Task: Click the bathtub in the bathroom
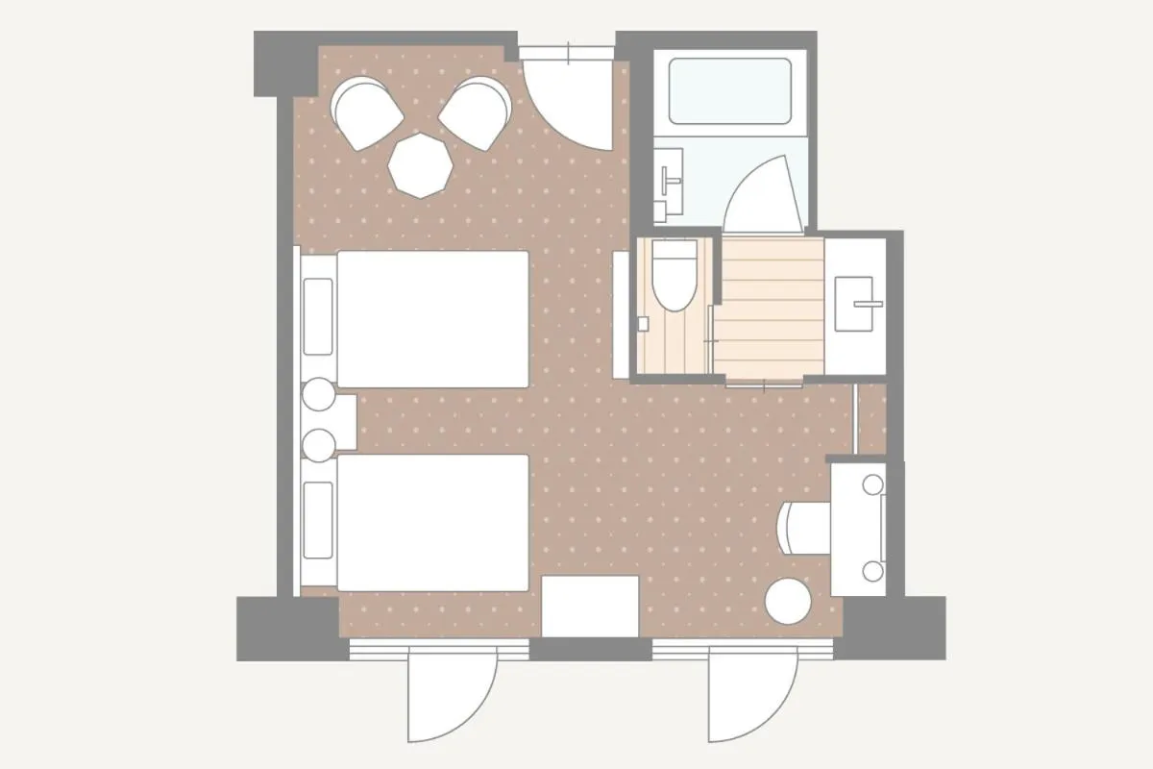click(x=729, y=91)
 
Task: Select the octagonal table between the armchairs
click(x=421, y=164)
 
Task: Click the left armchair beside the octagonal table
click(x=366, y=113)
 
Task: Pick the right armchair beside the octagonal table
click(x=477, y=112)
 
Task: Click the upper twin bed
click(x=432, y=319)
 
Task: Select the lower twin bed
click(x=432, y=522)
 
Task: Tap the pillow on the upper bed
click(x=318, y=316)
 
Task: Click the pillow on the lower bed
click(x=318, y=520)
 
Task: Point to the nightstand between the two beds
click(x=331, y=420)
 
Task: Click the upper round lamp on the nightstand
click(x=318, y=396)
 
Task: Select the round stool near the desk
click(x=788, y=600)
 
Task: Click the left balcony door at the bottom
click(x=452, y=697)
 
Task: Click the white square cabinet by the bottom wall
click(x=590, y=606)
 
